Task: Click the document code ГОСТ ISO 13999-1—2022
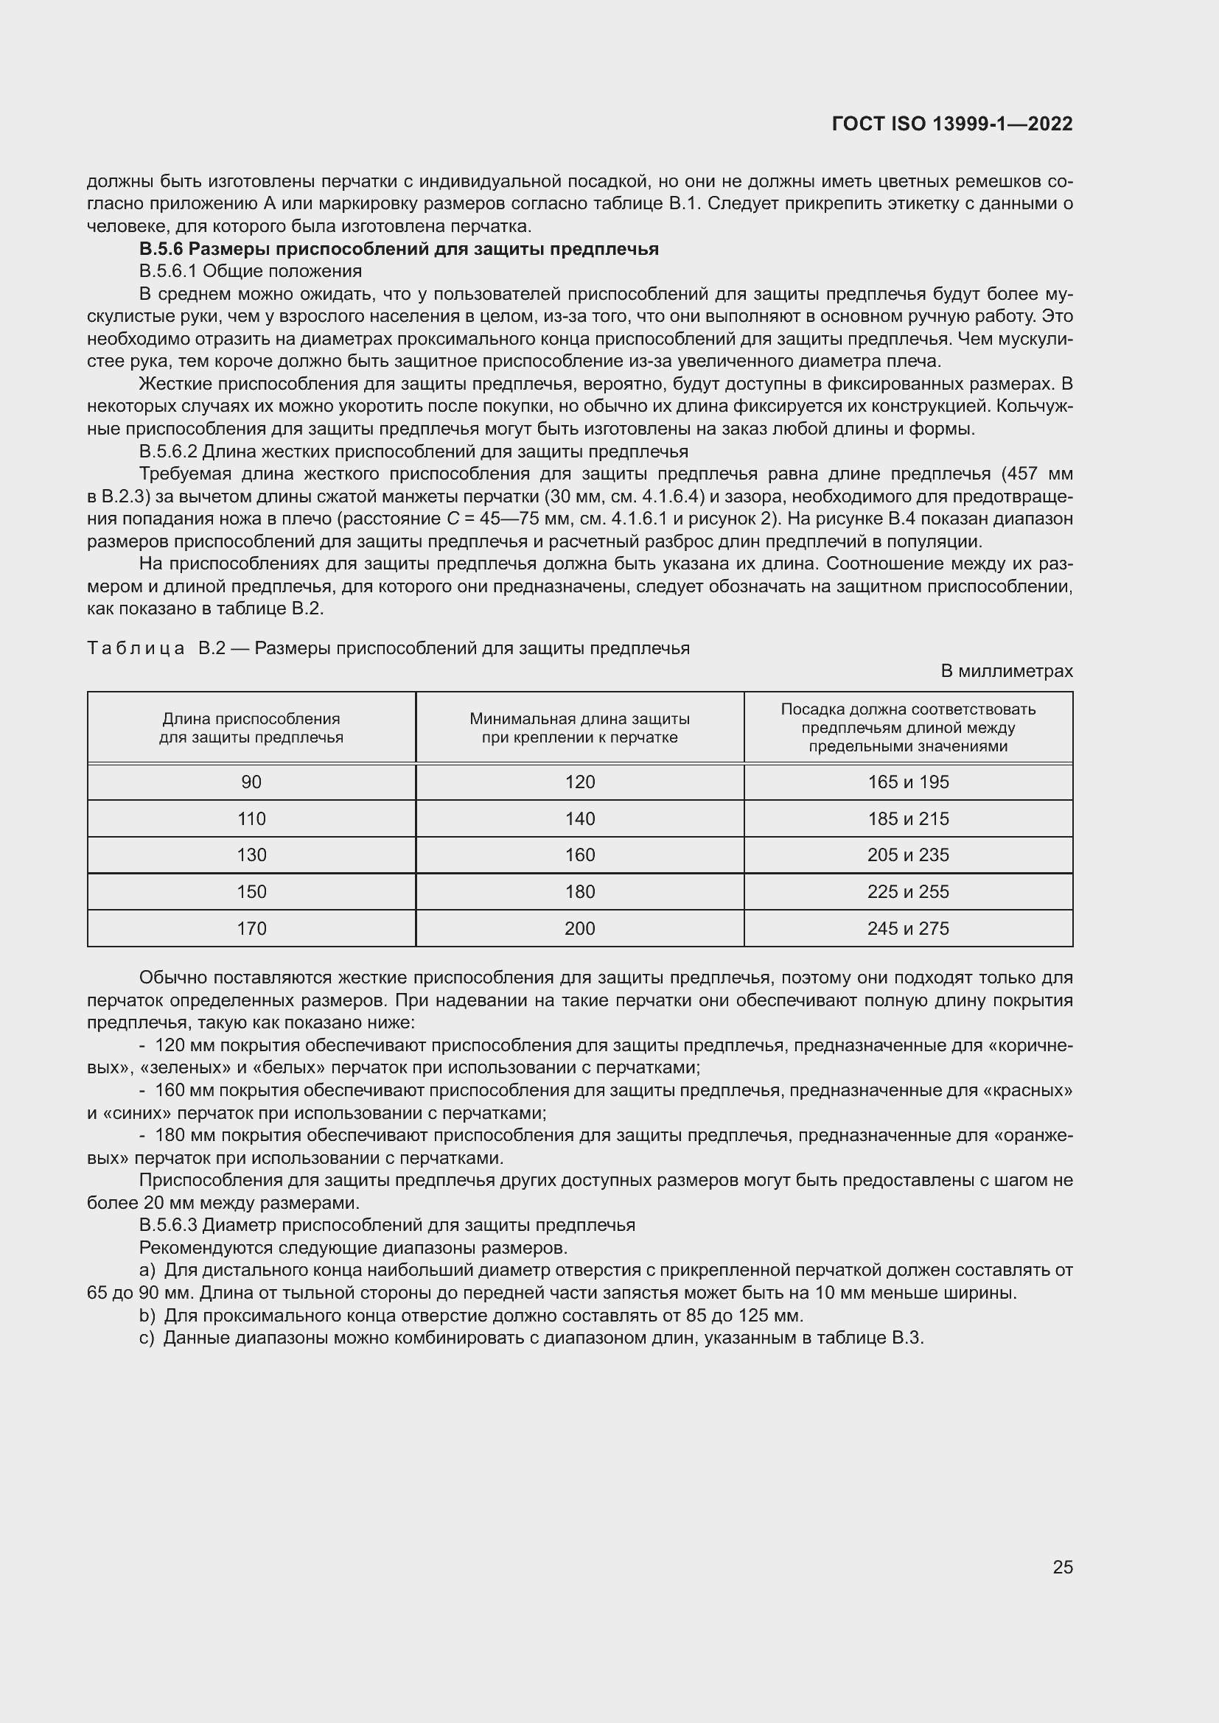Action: [x=951, y=124]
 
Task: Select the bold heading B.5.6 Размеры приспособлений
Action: [x=399, y=249]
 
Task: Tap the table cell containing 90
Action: [x=251, y=782]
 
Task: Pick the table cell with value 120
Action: [x=579, y=782]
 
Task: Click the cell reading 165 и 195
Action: [x=907, y=782]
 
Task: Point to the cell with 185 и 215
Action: [x=907, y=818]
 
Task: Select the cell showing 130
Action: [x=251, y=855]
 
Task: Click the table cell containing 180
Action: [x=579, y=891]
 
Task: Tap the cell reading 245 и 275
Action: [x=907, y=928]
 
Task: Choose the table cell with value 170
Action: [x=251, y=928]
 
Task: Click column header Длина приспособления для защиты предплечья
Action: [x=251, y=728]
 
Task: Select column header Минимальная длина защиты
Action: [x=579, y=728]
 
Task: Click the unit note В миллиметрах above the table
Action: [x=1006, y=671]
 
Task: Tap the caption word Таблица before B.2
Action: [x=136, y=648]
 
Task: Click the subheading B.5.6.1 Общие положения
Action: [x=250, y=271]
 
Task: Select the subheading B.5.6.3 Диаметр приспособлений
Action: [x=387, y=1225]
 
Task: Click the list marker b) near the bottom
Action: [x=147, y=1316]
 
